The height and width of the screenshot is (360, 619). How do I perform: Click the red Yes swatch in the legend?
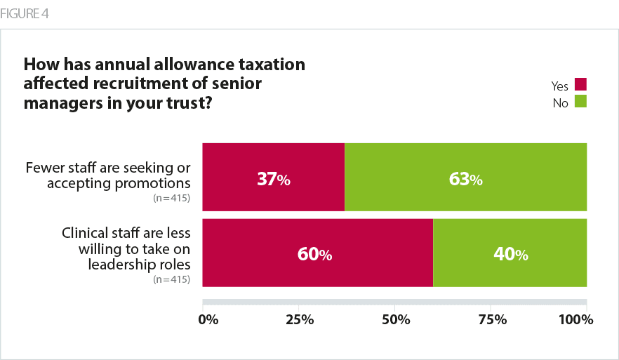(x=580, y=84)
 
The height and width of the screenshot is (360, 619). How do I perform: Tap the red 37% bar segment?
(x=274, y=177)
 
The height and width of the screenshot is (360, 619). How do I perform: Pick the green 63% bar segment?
(x=465, y=177)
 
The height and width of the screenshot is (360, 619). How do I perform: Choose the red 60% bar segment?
(x=318, y=253)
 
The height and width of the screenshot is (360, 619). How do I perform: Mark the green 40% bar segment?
(x=510, y=253)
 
